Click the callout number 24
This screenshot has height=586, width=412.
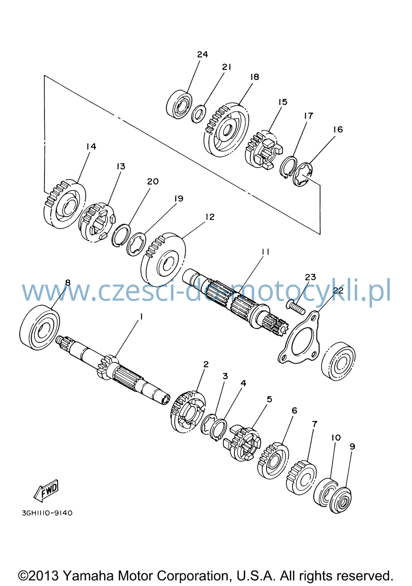(202, 54)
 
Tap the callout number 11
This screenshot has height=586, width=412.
(265, 252)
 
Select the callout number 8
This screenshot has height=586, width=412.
(68, 282)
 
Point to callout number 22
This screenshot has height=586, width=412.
(338, 290)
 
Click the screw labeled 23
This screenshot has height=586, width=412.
(296, 308)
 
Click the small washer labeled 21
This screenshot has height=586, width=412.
(198, 114)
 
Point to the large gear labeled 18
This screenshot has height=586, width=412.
(226, 130)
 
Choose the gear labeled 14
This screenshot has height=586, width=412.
(64, 204)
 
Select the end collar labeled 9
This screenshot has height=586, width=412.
(341, 500)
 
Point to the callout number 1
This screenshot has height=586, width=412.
(141, 317)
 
